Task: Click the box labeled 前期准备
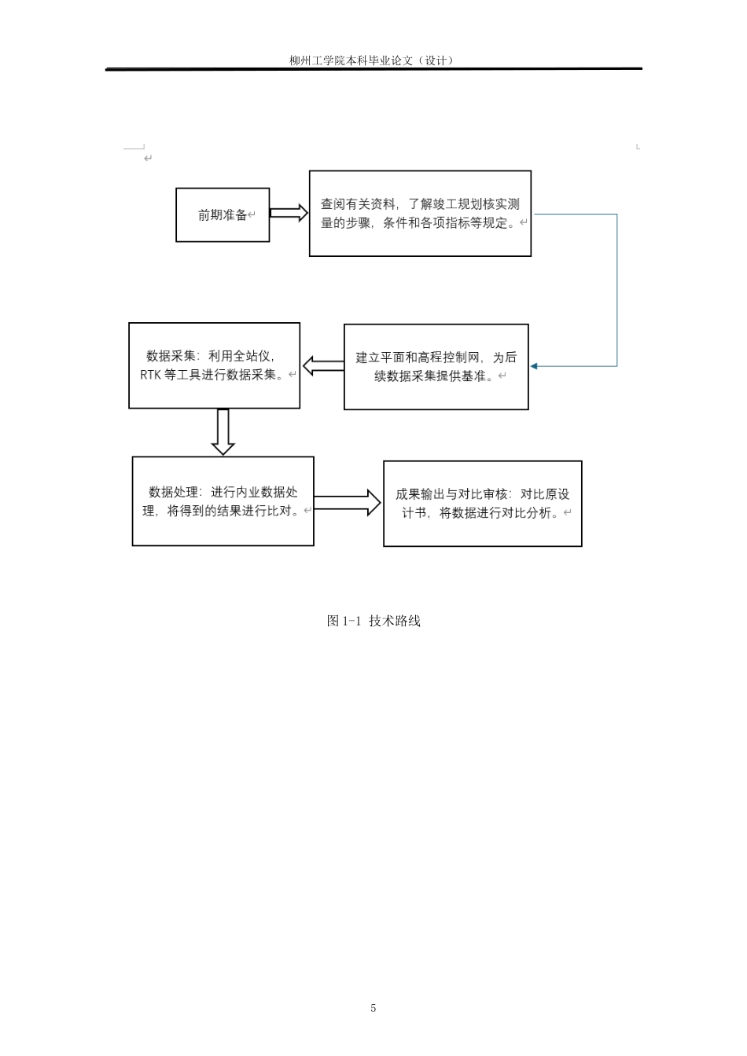(223, 214)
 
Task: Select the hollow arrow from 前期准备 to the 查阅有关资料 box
(289, 213)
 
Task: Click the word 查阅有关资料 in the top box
(358, 204)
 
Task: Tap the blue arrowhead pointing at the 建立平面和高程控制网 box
(534, 366)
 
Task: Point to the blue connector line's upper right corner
(616, 214)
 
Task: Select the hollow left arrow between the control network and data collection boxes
(322, 365)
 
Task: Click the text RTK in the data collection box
(150, 375)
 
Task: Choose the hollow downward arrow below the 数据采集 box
(223, 431)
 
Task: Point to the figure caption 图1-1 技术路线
(373, 621)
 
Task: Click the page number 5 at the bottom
(373, 1008)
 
